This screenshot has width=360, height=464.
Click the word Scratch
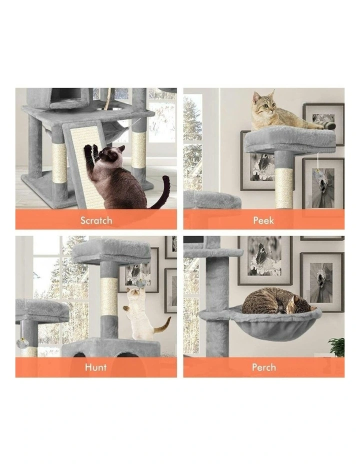pyautogui.click(x=96, y=220)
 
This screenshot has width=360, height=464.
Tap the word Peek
pyautogui.click(x=263, y=220)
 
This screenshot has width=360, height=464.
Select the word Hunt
pyautogui.click(x=95, y=367)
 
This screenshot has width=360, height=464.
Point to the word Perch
pyautogui.click(x=263, y=367)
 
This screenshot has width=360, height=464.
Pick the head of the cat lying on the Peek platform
pyautogui.click(x=263, y=102)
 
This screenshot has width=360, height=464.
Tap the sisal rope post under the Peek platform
pyautogui.click(x=284, y=187)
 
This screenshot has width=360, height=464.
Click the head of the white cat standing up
pyautogui.click(x=133, y=296)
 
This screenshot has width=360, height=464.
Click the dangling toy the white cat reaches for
pyautogui.click(x=141, y=283)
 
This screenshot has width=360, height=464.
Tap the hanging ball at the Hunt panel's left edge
pyautogui.click(x=21, y=343)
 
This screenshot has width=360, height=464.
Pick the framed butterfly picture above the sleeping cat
pyautogui.click(x=264, y=260)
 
